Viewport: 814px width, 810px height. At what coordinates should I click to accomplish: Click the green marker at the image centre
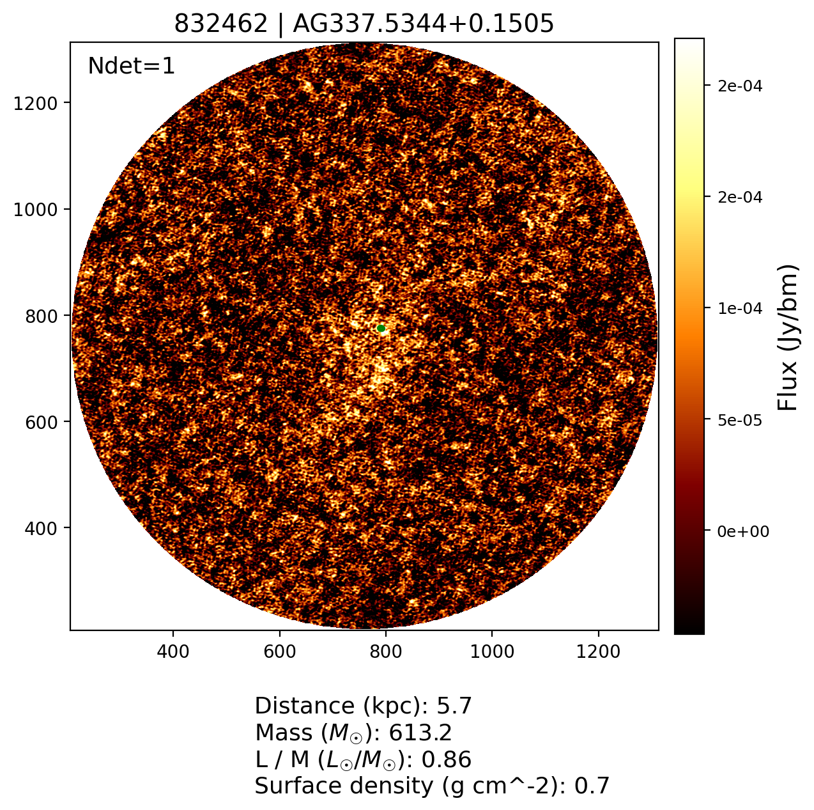[x=381, y=329]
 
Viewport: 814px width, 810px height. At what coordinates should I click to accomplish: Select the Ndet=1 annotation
[x=131, y=66]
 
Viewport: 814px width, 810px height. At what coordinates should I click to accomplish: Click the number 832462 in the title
[x=221, y=24]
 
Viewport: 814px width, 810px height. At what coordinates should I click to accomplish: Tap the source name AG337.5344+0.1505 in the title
[x=423, y=24]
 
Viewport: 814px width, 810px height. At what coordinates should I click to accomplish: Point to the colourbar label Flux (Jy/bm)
[x=788, y=337]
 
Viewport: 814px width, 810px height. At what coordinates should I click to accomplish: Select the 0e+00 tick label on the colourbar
[x=740, y=532]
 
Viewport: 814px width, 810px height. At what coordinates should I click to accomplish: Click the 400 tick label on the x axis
[x=173, y=651]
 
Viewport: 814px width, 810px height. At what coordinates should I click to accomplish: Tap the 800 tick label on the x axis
[x=385, y=651]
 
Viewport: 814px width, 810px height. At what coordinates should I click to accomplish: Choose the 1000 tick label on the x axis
[x=491, y=651]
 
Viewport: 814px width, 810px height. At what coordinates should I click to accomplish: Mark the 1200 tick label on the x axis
[x=597, y=651]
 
